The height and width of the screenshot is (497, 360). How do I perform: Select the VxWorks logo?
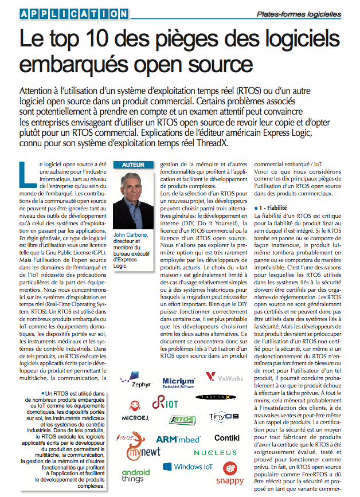[x=224, y=378]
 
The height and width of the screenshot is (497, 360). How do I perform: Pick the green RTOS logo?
[x=183, y=420]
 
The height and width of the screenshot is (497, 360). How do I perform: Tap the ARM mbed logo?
[x=178, y=439]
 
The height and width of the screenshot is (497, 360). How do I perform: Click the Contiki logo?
[x=227, y=438]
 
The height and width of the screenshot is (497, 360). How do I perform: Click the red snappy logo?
[x=229, y=473]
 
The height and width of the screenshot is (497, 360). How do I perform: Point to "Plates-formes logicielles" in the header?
[x=307, y=14]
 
